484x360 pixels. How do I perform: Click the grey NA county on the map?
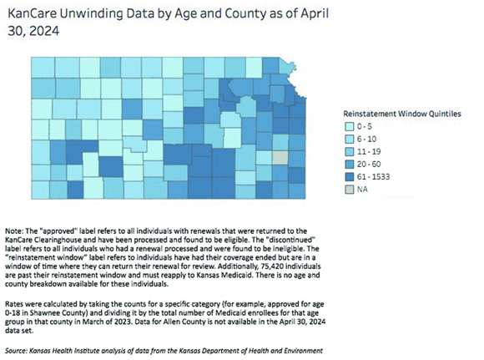click(280, 158)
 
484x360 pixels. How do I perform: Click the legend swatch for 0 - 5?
click(349, 127)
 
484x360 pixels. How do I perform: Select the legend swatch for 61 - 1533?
click(349, 177)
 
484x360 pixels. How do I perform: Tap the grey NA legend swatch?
click(349, 190)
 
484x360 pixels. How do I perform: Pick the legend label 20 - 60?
click(369, 164)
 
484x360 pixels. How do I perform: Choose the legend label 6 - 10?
click(366, 139)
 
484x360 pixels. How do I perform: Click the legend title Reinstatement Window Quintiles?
click(402, 114)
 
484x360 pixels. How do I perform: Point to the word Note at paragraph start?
click(13, 231)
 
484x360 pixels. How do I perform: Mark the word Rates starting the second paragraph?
click(13, 304)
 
